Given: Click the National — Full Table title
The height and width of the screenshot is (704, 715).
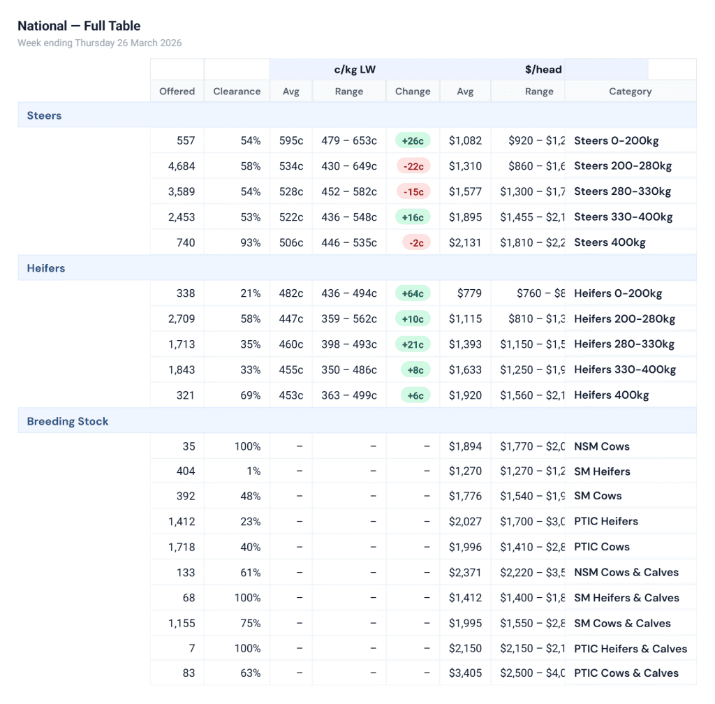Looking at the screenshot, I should point(79,26).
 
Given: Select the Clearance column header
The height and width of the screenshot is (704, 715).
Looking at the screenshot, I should point(237,91).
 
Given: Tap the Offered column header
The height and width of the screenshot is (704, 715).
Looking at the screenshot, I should point(177,91).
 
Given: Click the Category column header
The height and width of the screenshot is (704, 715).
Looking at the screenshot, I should point(630,91).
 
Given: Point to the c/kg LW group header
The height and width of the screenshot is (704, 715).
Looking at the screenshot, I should point(355,70).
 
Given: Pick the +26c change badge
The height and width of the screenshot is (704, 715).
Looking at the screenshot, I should point(413,140).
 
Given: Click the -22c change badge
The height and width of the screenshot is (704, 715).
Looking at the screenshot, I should point(413,166).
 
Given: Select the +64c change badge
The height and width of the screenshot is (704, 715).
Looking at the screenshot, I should point(413,293).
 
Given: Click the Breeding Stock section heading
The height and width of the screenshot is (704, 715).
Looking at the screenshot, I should point(68,421).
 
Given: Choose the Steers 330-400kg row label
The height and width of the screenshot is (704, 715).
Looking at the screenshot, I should point(623,217).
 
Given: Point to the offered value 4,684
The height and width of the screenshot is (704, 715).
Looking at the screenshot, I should point(182,166).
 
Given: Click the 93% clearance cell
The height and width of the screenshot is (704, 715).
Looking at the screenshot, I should point(250,242).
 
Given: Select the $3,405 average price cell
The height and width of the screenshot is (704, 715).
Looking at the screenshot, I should point(465,673).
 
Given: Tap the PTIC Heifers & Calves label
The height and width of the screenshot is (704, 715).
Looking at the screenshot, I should point(631,649).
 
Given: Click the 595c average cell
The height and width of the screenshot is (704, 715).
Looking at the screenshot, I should point(291,140).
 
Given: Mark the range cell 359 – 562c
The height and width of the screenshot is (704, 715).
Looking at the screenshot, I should point(349,319).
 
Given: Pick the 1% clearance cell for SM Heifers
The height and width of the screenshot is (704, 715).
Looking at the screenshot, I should point(253,471).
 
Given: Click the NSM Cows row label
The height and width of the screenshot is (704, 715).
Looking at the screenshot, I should point(601,446).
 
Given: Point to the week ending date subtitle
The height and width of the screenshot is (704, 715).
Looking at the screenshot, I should point(100,43).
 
